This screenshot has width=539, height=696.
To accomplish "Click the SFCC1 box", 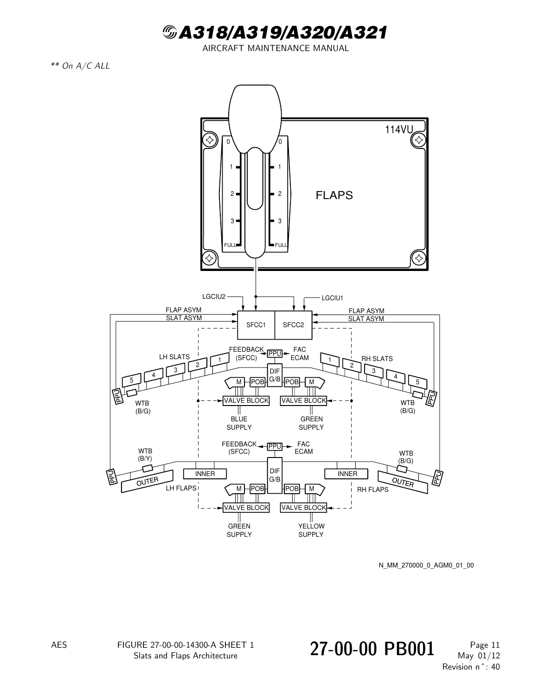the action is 256,325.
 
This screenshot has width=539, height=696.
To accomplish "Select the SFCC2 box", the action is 294,325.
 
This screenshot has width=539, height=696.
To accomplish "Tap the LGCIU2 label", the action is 214,296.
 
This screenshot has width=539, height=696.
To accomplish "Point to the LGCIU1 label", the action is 332,298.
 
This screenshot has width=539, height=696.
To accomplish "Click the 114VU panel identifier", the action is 399,129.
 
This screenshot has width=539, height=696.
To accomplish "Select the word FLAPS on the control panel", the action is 334,195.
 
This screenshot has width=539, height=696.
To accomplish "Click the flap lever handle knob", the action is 255,118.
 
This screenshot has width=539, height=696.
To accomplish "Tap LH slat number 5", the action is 132,380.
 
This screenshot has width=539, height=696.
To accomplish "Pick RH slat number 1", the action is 330,360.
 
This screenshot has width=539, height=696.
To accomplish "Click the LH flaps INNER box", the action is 205,474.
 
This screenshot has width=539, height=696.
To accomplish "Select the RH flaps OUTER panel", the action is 403,482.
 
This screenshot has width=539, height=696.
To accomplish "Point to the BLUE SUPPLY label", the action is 239,423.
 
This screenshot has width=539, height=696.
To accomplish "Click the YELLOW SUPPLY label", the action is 311,530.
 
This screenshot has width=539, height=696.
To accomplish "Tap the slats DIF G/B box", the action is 275,375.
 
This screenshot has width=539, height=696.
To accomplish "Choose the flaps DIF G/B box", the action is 275,475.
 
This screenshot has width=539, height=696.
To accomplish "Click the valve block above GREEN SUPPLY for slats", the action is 303,401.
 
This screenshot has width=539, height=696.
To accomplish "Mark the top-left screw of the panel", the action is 210,140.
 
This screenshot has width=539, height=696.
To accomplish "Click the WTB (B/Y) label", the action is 145,455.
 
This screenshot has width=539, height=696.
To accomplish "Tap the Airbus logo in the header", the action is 169,32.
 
